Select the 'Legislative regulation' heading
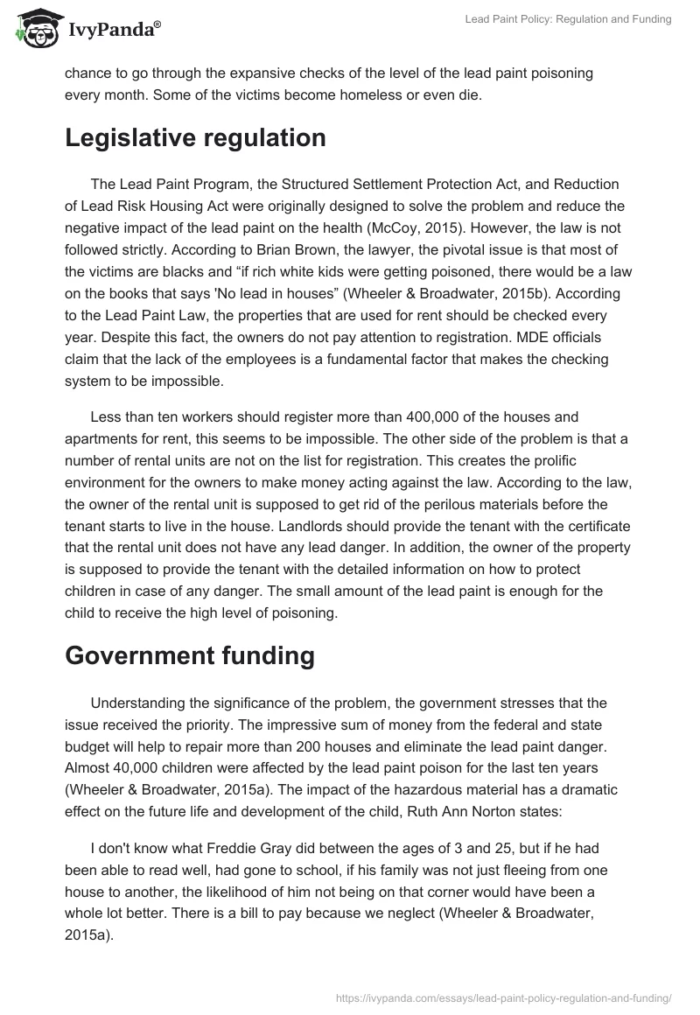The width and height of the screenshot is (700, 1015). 195,138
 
